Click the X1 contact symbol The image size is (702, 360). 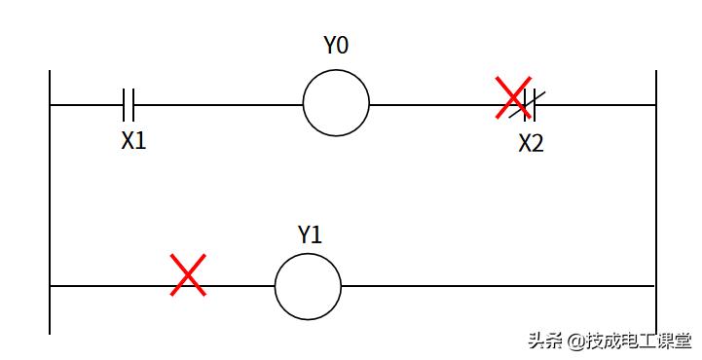point(129,102)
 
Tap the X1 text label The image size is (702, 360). point(133,141)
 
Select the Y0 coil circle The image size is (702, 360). point(336,102)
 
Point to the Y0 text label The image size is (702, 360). point(336,47)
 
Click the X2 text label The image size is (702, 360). point(531,145)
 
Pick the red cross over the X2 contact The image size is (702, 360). point(515,98)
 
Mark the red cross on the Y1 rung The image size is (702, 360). point(187,275)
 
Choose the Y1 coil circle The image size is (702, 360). point(308,286)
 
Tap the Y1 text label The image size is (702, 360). point(310,234)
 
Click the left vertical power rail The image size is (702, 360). point(50,195)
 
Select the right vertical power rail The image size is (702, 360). point(655,195)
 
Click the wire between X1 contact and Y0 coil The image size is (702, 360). point(219,103)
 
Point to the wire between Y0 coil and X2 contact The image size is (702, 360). point(433,103)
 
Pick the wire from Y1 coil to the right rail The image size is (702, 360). point(497,286)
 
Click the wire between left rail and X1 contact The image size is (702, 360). point(86,103)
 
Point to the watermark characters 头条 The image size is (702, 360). point(544,342)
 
